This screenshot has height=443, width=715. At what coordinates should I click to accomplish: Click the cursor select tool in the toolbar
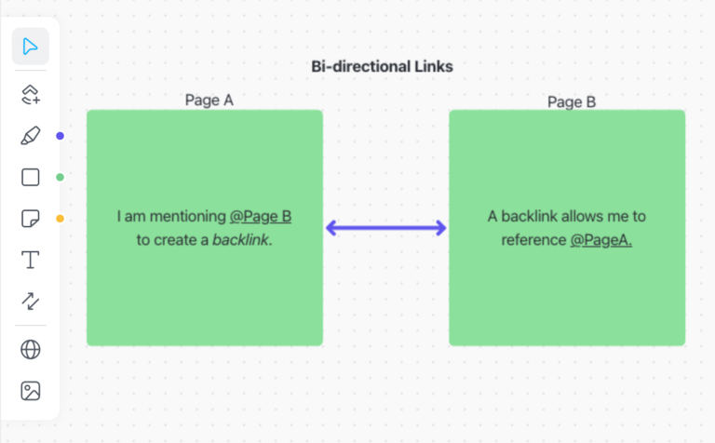(31, 47)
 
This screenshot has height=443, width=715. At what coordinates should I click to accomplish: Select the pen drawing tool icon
(31, 136)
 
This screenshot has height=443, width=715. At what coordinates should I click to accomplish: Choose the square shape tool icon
(31, 177)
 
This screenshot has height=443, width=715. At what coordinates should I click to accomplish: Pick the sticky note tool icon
(31, 219)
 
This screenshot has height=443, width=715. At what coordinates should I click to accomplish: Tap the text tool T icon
(31, 260)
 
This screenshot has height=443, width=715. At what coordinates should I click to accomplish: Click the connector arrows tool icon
(31, 300)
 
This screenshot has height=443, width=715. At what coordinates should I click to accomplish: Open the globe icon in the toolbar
(31, 349)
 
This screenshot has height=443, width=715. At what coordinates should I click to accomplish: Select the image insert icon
(31, 391)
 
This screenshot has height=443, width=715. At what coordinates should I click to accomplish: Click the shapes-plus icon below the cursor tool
(31, 93)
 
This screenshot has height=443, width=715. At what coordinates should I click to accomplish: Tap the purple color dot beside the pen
(60, 136)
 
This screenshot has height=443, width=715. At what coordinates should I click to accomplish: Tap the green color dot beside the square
(60, 177)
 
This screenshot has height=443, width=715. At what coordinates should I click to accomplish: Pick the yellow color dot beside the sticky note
(60, 219)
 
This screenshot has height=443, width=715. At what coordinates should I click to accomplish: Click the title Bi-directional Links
(382, 67)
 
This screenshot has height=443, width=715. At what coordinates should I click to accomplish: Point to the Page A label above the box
(209, 101)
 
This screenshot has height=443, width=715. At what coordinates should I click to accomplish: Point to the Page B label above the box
(572, 101)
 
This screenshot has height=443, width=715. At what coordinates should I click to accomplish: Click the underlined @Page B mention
(261, 217)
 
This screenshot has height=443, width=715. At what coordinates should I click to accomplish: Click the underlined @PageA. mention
(601, 240)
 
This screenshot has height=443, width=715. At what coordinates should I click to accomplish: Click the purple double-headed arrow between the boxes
(386, 228)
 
